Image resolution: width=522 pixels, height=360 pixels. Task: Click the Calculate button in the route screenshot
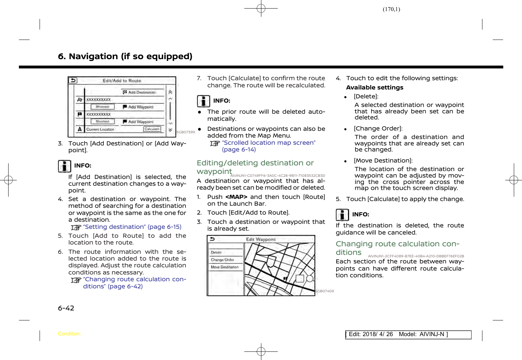tap(152, 129)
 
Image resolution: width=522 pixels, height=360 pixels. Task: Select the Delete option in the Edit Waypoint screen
tap(216, 252)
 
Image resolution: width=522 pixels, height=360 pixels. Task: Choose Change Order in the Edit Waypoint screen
tap(222, 260)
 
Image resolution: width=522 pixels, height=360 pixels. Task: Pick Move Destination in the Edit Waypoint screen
tap(225, 267)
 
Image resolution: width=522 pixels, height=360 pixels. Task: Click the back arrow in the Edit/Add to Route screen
tap(73, 81)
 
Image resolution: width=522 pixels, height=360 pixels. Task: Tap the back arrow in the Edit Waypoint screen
tap(212, 239)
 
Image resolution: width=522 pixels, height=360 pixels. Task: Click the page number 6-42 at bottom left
tap(66, 308)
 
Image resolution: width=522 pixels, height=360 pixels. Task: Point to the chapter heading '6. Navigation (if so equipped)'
tap(125, 56)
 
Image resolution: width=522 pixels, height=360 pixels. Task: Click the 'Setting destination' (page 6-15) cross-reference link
tap(132, 227)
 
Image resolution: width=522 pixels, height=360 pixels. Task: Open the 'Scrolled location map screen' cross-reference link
tap(268, 143)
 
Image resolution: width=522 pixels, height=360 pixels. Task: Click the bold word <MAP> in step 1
tap(236, 197)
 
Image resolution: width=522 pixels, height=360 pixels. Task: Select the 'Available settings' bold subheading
tap(375, 88)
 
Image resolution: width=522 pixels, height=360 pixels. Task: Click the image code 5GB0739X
tap(186, 132)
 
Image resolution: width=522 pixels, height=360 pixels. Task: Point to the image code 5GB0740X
tap(325, 291)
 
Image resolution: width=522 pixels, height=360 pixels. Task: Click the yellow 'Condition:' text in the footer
tap(70, 334)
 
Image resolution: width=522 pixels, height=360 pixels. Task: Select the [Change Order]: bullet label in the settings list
tap(378, 129)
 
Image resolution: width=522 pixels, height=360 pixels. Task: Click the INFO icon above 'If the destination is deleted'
tap(342, 215)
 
